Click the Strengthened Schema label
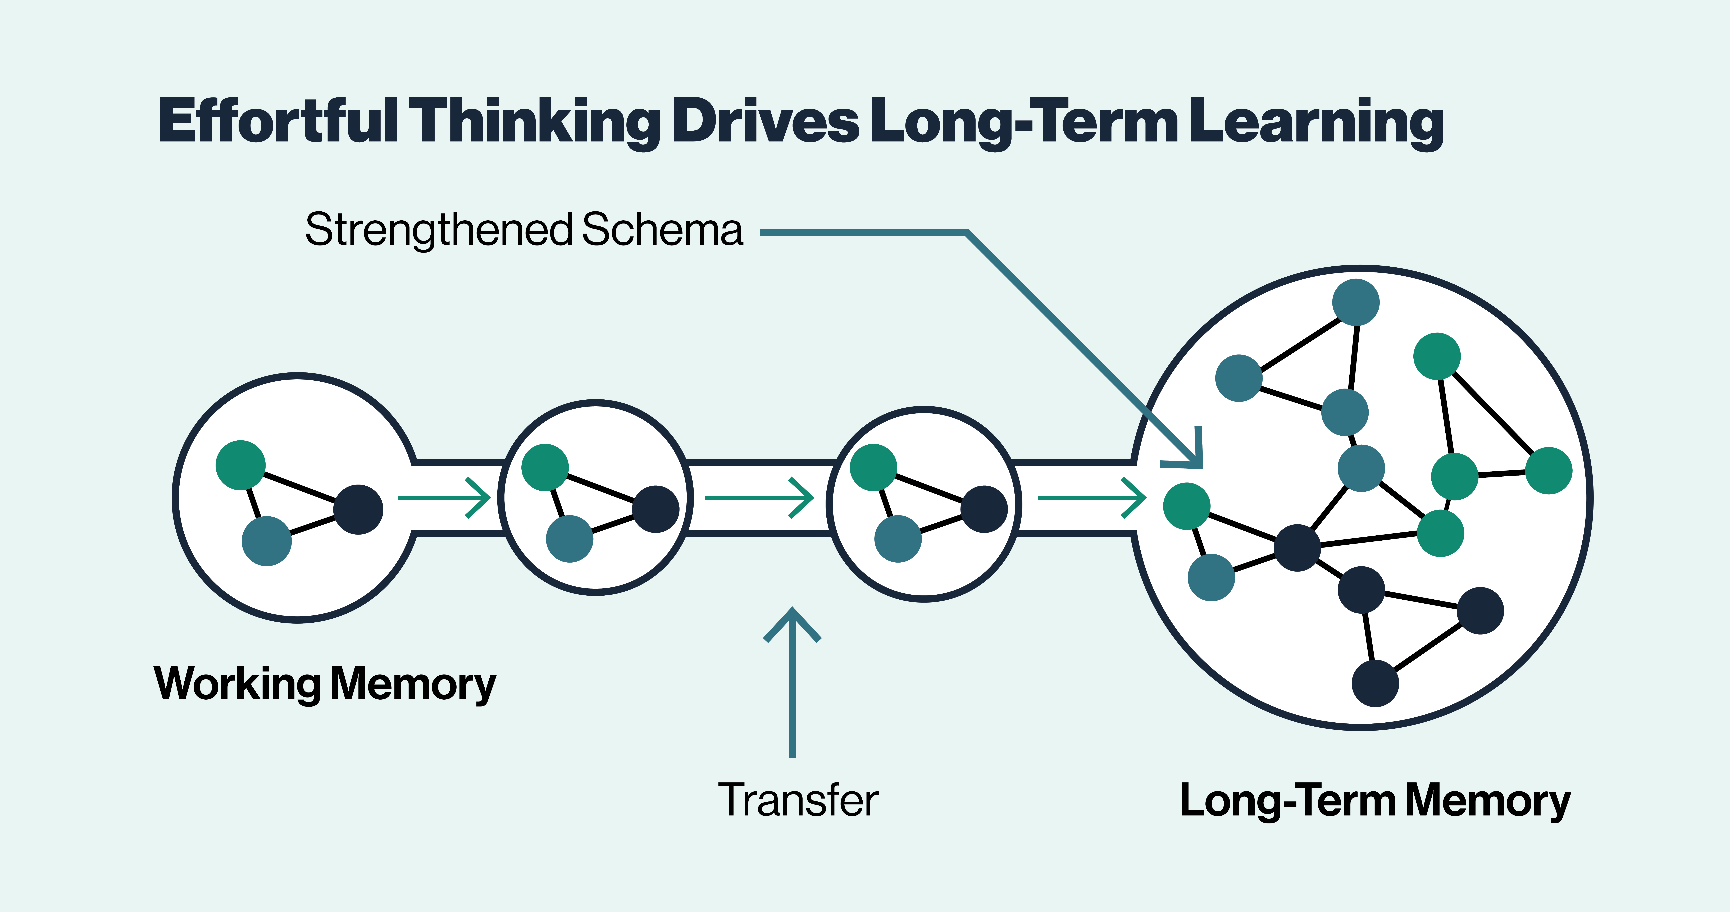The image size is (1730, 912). coord(524,230)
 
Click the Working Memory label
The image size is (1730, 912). coord(325,684)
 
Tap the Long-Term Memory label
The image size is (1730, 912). coord(1375,801)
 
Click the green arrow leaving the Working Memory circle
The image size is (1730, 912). coord(445,498)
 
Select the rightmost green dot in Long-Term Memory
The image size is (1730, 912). coord(1549,471)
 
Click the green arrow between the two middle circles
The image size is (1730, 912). coord(759,498)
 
